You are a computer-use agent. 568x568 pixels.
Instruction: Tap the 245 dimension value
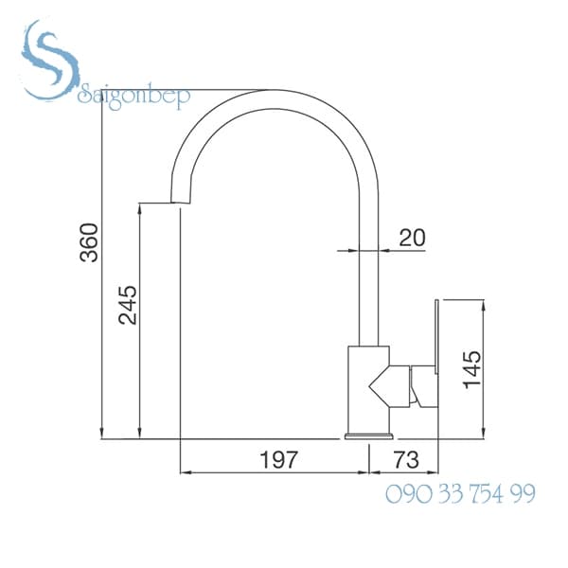pyautogui.click(x=127, y=304)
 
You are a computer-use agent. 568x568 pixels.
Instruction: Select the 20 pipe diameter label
pyautogui.click(x=411, y=237)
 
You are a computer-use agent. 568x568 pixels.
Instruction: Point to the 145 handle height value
pyautogui.click(x=471, y=369)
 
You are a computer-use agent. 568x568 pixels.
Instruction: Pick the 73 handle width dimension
pyautogui.click(x=405, y=460)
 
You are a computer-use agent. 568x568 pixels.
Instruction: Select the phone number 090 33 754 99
pyautogui.click(x=460, y=493)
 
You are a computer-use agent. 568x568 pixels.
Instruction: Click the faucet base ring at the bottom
pyautogui.click(x=369, y=436)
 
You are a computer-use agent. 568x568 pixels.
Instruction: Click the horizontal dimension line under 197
pyautogui.click(x=275, y=471)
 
